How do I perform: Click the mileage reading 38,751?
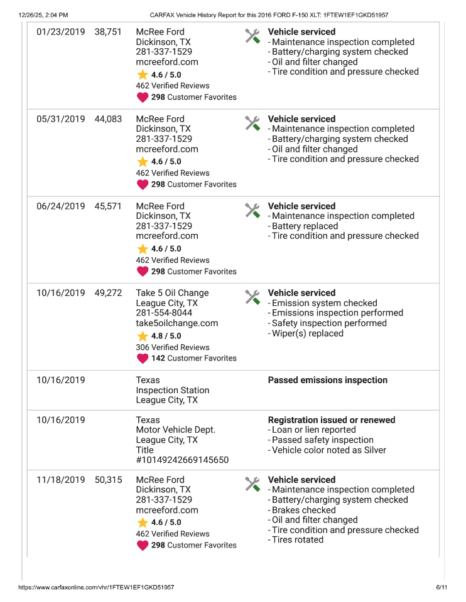(108, 32)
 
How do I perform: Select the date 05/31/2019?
(60, 119)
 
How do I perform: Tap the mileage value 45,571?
(108, 206)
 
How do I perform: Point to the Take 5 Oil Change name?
(172, 293)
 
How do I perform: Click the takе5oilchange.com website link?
(176, 323)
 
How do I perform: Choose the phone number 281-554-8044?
(164, 313)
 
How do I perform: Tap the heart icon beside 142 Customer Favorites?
(143, 359)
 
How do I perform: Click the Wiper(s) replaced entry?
(307, 333)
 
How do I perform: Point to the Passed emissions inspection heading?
(327, 380)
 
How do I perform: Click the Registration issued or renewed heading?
(332, 420)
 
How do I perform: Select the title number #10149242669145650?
(182, 460)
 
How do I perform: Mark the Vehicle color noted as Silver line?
(328, 450)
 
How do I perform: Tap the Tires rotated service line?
(297, 540)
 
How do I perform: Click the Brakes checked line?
(303, 510)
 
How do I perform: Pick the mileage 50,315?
(108, 480)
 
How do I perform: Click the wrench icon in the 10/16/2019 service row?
(252, 297)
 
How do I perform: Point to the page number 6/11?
(441, 588)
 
